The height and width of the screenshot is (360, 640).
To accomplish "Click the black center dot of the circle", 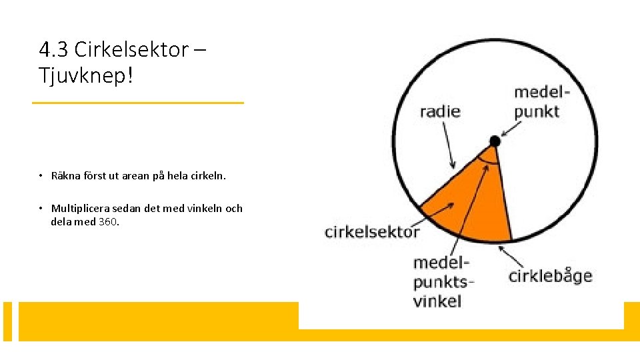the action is point(495,141).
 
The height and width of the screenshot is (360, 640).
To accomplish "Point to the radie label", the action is point(440,111).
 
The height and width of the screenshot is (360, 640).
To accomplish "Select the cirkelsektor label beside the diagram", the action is point(372,232).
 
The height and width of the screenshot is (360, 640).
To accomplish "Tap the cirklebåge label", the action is point(550,275).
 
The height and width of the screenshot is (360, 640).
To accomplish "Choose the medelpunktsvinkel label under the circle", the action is point(441,281).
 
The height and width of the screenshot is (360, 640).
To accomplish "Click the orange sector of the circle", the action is point(473,200).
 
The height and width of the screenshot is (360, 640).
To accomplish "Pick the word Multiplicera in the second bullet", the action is point(78,209).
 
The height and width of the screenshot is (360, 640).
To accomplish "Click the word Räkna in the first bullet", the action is point(65,177).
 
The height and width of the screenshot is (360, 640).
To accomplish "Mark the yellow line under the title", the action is point(139,103).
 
